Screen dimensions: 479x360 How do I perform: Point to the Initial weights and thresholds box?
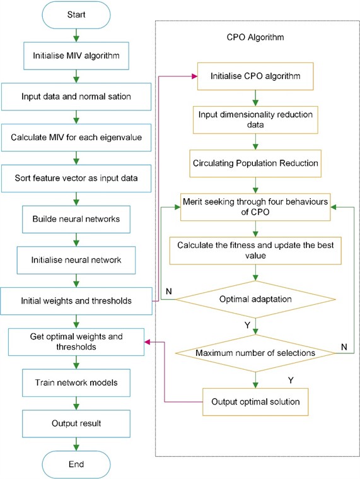coord(76,300)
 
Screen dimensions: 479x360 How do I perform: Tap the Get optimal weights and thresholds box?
coord(76,341)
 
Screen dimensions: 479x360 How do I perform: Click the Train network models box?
coord(76,383)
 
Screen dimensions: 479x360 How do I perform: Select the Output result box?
coord(76,422)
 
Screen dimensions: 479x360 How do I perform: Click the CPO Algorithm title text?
coord(255,38)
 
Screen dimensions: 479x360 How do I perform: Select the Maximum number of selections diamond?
coord(255,352)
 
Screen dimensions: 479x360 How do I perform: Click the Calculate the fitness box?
coord(255,249)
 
